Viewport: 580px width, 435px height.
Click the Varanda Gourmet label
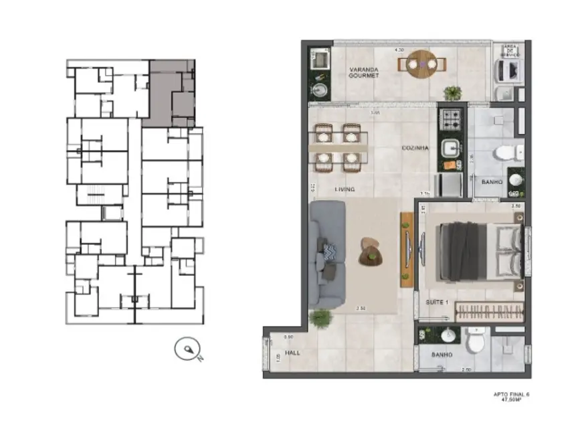tap(363, 72)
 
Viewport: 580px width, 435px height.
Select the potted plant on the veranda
tap(454, 93)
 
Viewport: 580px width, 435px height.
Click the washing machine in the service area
tap(509, 70)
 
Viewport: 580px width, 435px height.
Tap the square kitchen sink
tap(449, 145)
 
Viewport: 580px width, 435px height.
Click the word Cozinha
tap(415, 148)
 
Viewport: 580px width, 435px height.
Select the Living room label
tap(345, 190)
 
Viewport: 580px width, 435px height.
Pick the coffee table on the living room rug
tap(370, 252)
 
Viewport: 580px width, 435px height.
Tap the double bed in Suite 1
tap(479, 251)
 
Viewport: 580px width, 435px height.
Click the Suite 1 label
tap(437, 302)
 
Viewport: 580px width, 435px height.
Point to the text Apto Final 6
tap(510, 395)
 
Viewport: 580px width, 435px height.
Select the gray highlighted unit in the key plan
tap(171, 92)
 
